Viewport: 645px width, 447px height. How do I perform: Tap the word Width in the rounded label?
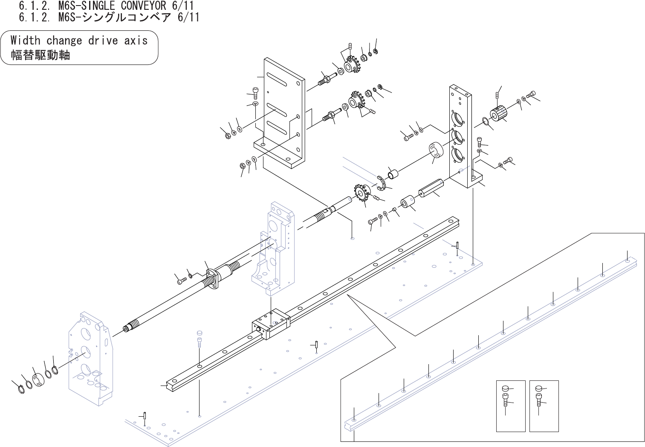coord(25,41)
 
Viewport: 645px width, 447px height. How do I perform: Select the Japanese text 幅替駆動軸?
coord(40,55)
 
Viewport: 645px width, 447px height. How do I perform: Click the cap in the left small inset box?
coord(505,388)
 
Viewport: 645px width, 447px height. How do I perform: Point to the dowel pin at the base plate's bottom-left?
coord(145,415)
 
